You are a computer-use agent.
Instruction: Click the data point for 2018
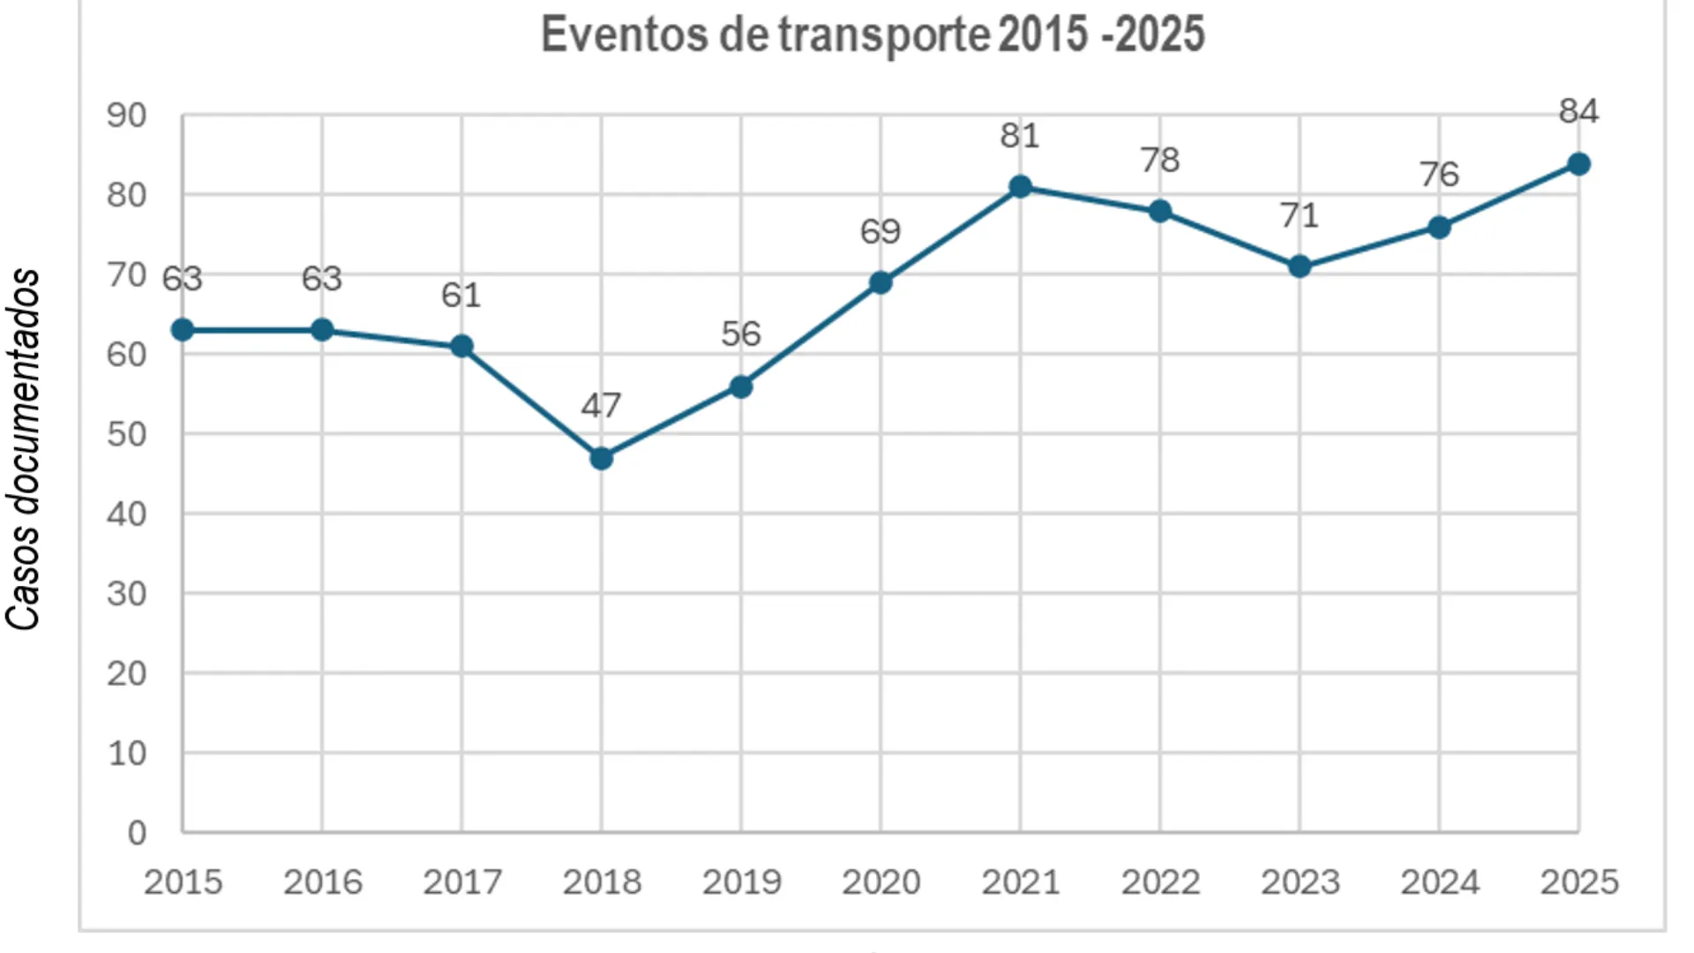601,458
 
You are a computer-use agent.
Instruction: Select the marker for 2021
1020,186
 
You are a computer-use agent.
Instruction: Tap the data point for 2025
1578,164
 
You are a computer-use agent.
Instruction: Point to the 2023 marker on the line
1299,266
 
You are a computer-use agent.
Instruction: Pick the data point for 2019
741,386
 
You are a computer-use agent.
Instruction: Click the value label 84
1578,111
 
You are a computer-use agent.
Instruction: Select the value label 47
601,405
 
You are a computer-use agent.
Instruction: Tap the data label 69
880,231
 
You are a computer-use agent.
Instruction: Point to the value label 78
1159,160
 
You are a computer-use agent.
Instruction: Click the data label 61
461,295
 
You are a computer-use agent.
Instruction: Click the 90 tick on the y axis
126,116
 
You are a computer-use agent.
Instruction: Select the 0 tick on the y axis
137,832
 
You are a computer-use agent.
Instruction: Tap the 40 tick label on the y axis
126,514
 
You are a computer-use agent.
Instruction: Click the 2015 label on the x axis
183,882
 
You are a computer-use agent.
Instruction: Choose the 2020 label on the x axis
881,882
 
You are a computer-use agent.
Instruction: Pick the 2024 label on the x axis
1439,882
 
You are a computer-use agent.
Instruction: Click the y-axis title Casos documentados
24,449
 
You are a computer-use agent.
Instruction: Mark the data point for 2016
322,330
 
